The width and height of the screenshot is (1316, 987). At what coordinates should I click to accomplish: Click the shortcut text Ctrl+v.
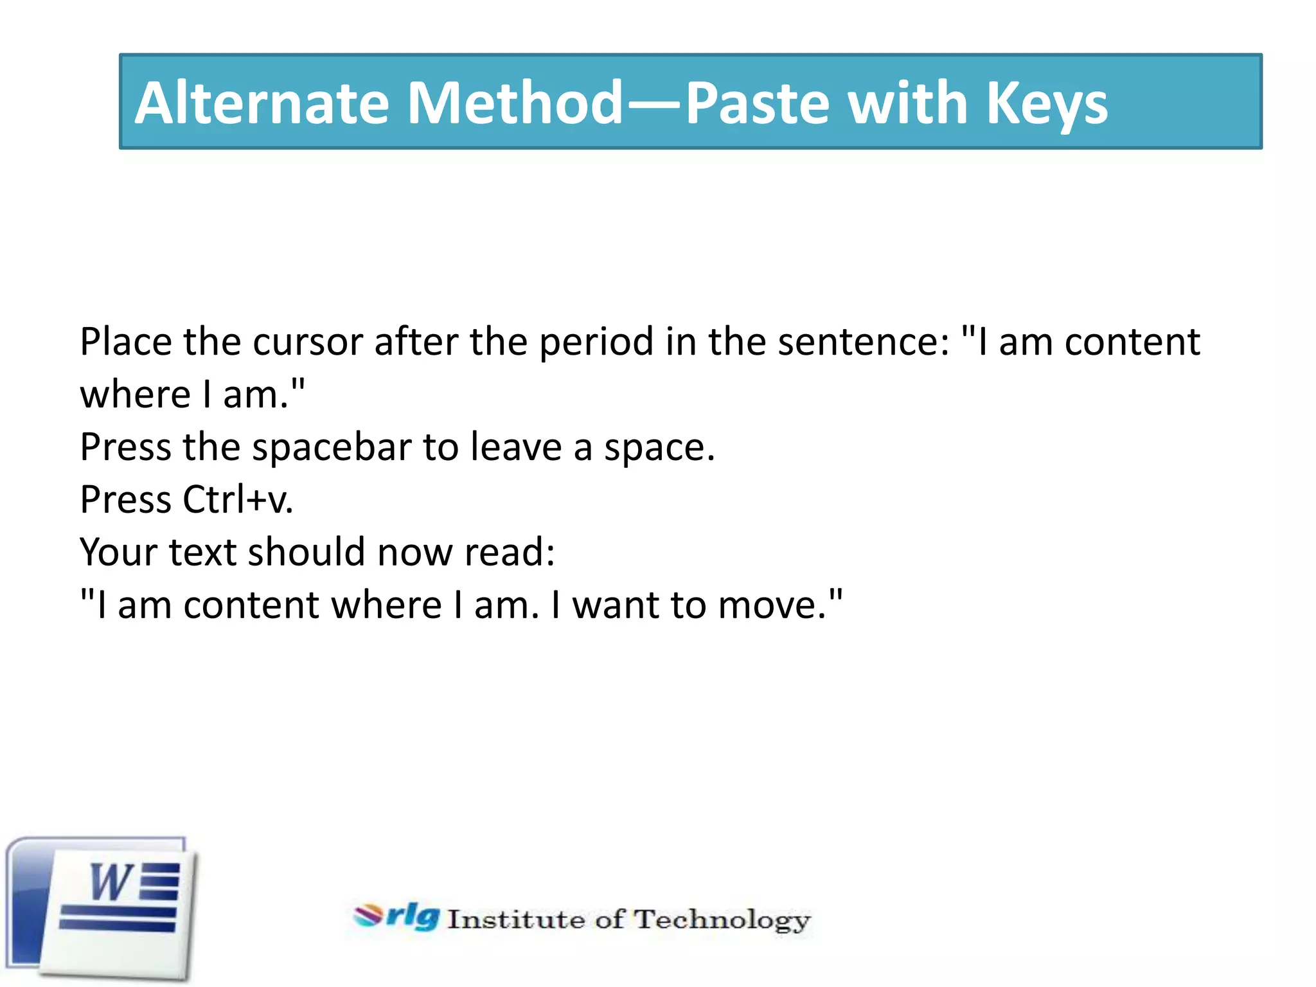click(x=238, y=500)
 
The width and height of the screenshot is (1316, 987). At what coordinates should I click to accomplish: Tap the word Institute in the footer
click(x=516, y=920)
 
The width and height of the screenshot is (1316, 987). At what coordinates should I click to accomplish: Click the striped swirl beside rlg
click(x=368, y=916)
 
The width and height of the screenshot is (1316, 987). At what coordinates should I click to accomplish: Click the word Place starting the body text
click(x=126, y=342)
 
